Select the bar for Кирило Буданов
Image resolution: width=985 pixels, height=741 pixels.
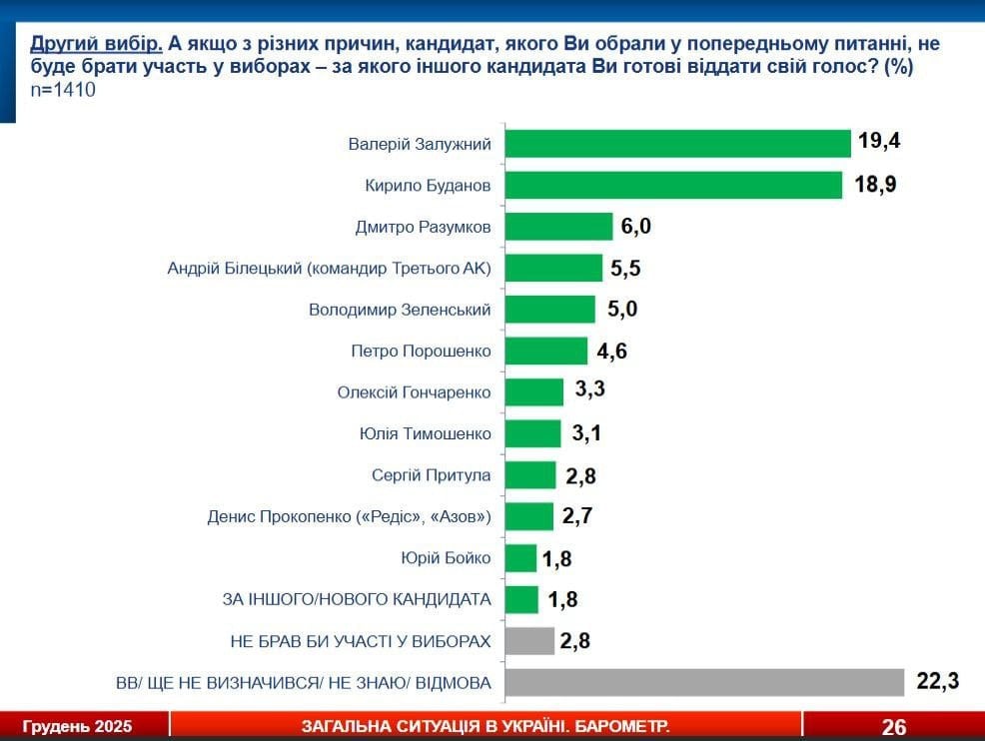point(674,186)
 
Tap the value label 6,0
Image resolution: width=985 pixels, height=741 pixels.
point(635,227)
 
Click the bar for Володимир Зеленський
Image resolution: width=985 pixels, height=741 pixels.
point(550,310)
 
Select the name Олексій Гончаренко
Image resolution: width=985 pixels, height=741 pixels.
point(414,392)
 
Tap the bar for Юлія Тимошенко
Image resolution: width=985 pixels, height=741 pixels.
point(533,433)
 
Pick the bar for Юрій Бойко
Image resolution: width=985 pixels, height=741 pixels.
point(520,558)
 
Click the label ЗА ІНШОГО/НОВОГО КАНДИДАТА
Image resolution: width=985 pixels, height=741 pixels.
point(356,599)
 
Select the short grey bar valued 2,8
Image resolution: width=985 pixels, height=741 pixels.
point(529,641)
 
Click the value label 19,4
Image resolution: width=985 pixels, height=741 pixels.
point(879,141)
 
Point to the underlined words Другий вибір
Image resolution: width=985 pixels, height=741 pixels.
point(95,46)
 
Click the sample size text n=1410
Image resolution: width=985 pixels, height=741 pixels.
point(63,90)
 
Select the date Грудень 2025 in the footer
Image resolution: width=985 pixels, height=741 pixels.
point(77,726)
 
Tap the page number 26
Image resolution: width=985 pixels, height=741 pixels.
point(893,726)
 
